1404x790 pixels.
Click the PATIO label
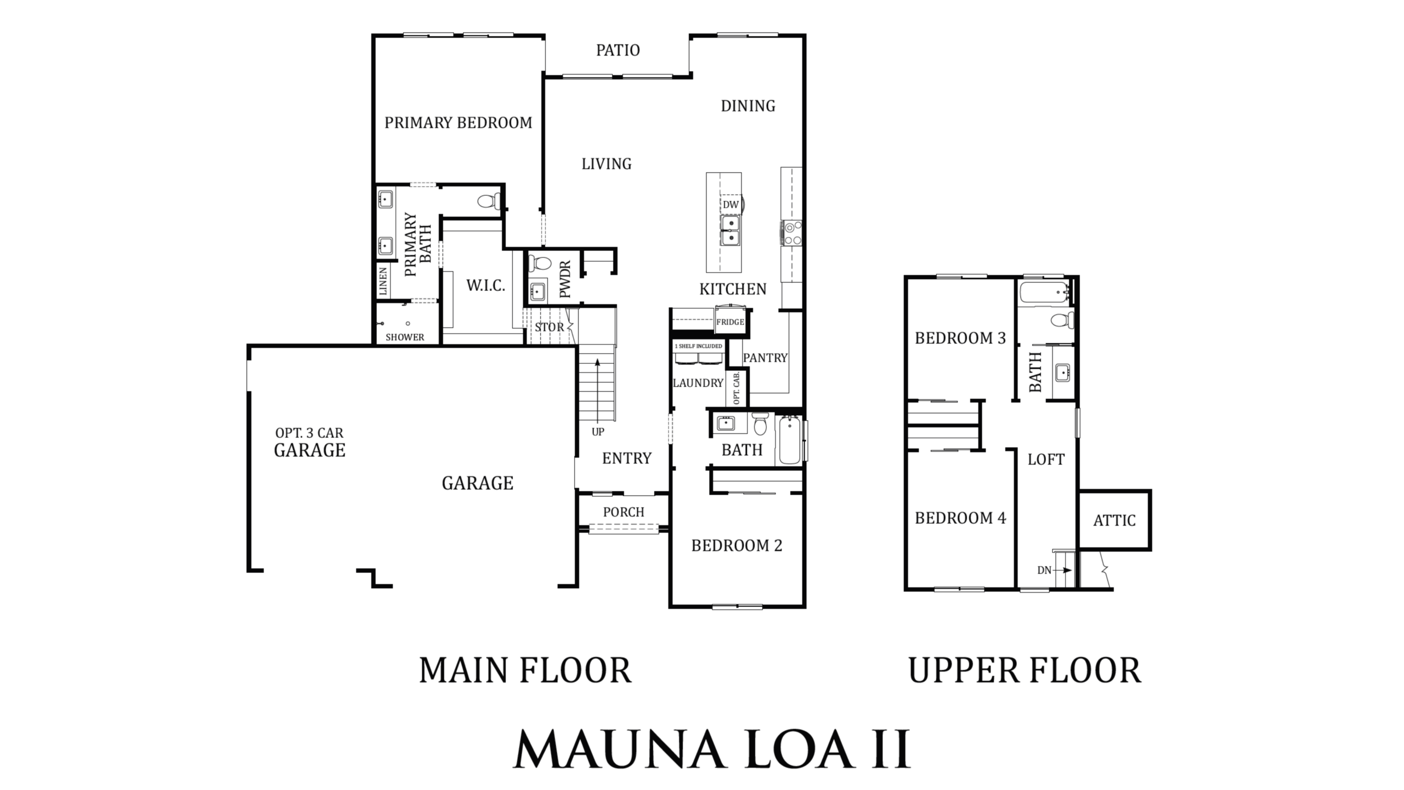[618, 50]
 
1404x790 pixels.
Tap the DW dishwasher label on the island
[731, 205]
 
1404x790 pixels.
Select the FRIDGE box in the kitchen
[730, 321]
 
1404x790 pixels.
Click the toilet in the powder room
[539, 264]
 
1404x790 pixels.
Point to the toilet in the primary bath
[489, 201]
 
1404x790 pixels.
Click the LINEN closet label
[383, 282]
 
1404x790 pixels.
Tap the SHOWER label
[405, 337]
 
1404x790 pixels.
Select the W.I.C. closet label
[485, 285]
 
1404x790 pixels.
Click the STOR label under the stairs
[549, 328]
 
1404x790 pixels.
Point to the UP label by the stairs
[598, 432]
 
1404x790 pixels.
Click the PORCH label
[624, 512]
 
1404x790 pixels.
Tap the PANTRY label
[765, 358]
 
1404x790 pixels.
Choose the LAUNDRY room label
[698, 383]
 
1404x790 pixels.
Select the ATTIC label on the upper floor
[1114, 521]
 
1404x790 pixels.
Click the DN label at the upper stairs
[1044, 571]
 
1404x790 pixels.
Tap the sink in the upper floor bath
[1063, 373]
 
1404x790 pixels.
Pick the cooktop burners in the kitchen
[792, 233]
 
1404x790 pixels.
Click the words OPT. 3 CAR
[309, 433]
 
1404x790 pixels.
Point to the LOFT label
[1046, 460]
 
